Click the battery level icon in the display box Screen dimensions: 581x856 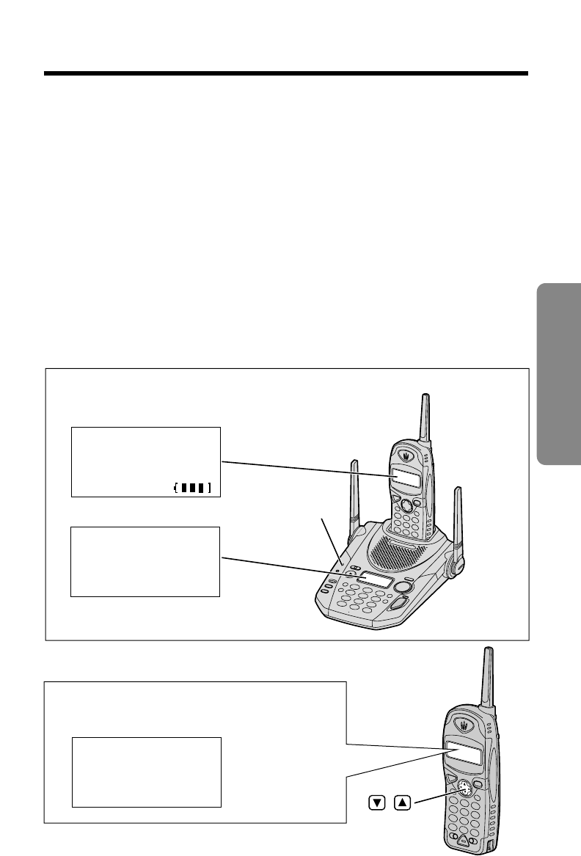[x=193, y=487]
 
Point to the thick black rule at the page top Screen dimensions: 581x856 [x=286, y=73]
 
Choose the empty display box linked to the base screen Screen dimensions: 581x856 [x=145, y=560]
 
